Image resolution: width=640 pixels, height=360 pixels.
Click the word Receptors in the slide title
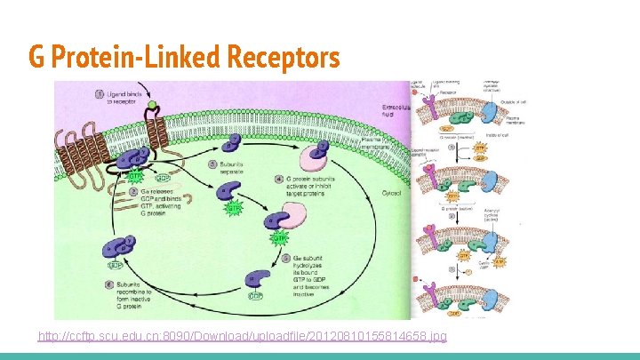click(x=284, y=58)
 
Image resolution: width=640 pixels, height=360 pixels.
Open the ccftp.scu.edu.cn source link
click(x=243, y=336)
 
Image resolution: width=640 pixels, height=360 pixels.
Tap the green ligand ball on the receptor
click(x=151, y=105)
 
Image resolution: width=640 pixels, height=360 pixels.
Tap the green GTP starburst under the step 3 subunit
click(x=233, y=209)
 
